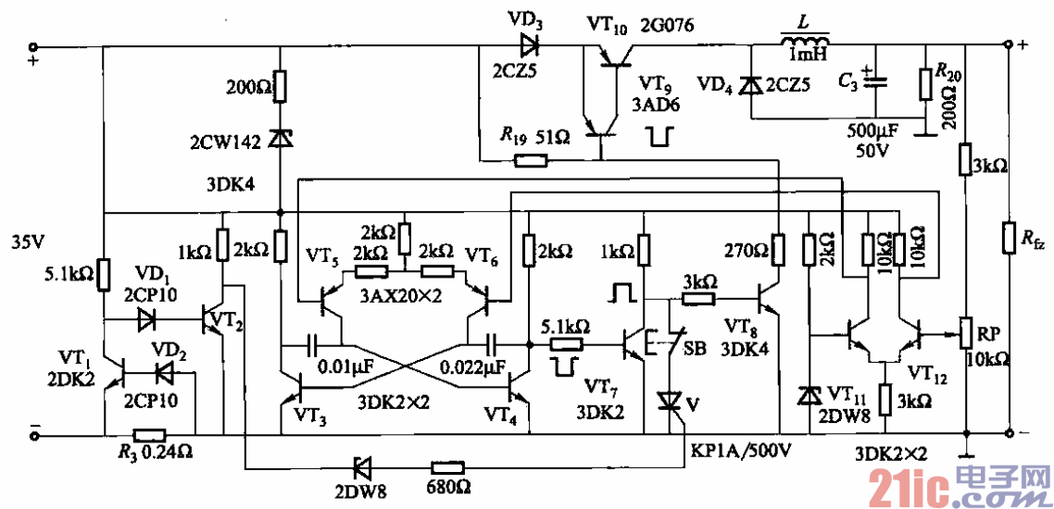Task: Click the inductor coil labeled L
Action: (x=804, y=42)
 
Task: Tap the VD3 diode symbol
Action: (x=531, y=44)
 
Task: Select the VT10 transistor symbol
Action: (x=611, y=56)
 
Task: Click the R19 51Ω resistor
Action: (x=531, y=159)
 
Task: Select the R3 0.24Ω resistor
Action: (x=149, y=434)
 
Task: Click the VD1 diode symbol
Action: (x=147, y=320)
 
